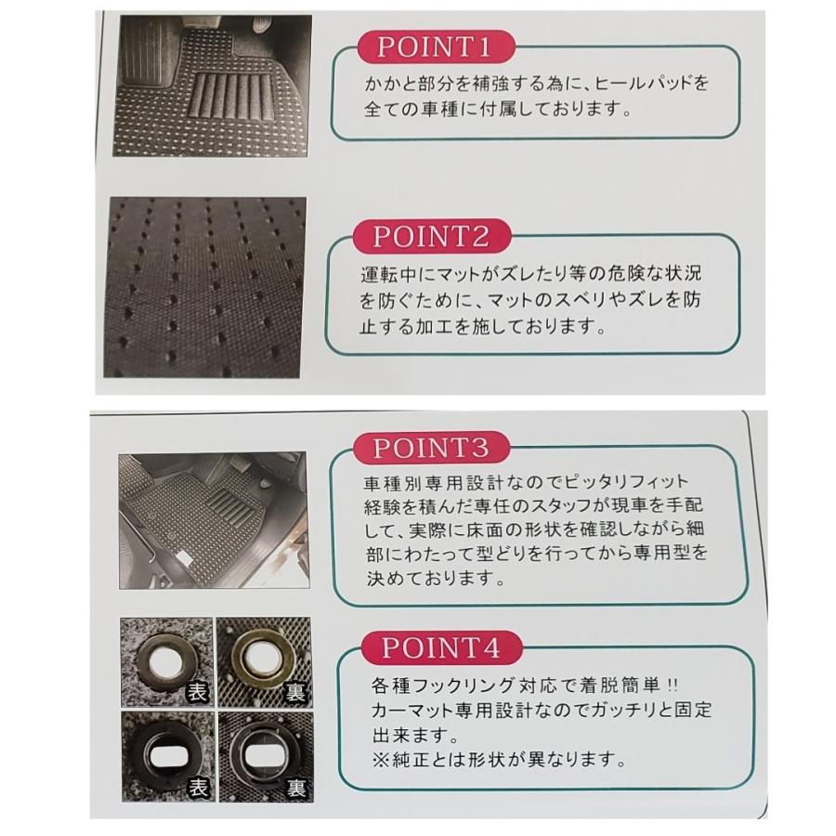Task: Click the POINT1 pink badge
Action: pyautogui.click(x=437, y=47)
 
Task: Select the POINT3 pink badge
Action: pyautogui.click(x=429, y=448)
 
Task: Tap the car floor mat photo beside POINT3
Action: pyautogui.click(x=212, y=520)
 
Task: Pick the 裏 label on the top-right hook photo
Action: pyautogui.click(x=294, y=691)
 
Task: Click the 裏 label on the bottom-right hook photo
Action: pyautogui.click(x=294, y=788)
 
